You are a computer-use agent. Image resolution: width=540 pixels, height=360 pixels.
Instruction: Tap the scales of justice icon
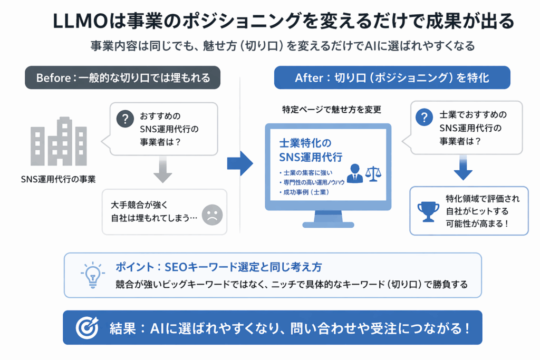(x=374, y=173)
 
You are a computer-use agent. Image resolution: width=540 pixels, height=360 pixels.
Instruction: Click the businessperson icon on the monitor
(x=354, y=173)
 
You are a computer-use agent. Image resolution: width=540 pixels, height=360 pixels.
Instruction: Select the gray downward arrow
(x=163, y=171)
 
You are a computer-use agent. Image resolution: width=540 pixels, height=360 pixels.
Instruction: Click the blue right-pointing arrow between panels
(x=240, y=163)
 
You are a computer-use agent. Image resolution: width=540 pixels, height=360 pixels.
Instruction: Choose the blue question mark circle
(x=424, y=118)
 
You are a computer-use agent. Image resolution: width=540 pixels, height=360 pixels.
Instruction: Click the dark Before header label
(x=122, y=77)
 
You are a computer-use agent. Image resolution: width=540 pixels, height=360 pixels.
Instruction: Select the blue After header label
(x=392, y=77)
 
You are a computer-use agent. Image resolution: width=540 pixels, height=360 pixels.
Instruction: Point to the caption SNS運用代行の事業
(x=58, y=179)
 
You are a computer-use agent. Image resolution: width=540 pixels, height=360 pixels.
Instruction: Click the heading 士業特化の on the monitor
(x=305, y=143)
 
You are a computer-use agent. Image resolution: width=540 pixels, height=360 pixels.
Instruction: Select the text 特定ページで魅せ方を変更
(x=332, y=110)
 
